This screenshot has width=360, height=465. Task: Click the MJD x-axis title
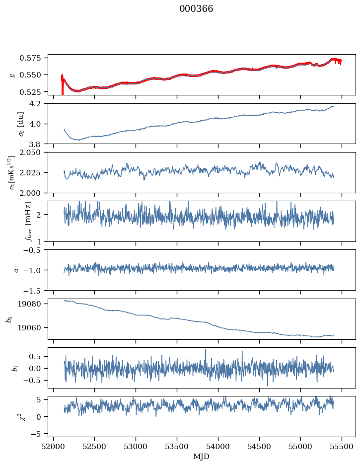click(202, 457)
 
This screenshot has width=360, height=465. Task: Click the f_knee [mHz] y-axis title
click(13, 221)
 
